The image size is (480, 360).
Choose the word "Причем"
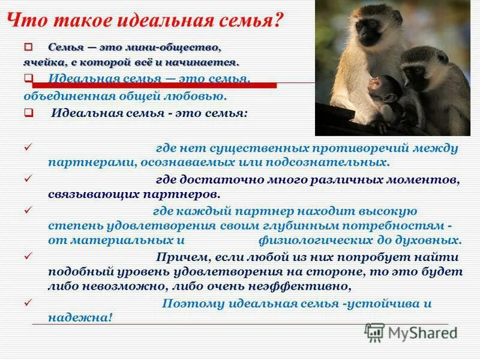[181, 257]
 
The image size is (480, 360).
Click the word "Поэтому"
[189, 304]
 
